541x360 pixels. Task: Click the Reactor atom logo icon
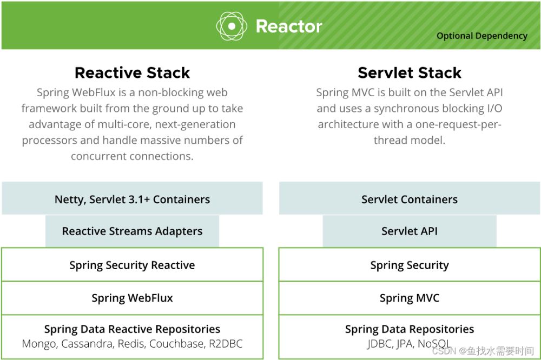coord(232,26)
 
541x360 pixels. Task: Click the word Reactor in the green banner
coord(289,26)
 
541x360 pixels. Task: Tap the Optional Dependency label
coord(481,36)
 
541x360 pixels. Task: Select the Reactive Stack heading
coord(132,73)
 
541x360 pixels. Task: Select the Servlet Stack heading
coord(410,73)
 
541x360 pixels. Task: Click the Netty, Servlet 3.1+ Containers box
coord(132,198)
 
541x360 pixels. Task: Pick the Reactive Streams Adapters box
coord(132,231)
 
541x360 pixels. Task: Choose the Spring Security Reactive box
coord(132,264)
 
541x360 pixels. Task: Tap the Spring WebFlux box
coord(132,298)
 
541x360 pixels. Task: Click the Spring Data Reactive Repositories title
coord(132,329)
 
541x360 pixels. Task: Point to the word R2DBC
coord(226,344)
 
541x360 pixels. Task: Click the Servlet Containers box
coord(410,198)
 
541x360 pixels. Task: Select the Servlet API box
coord(410,231)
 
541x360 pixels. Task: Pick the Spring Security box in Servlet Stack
coord(410,264)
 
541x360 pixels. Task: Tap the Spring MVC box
coord(410,298)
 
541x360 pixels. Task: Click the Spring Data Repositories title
coord(410,329)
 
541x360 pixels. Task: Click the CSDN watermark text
coord(483,351)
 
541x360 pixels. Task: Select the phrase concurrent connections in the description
coord(132,156)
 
